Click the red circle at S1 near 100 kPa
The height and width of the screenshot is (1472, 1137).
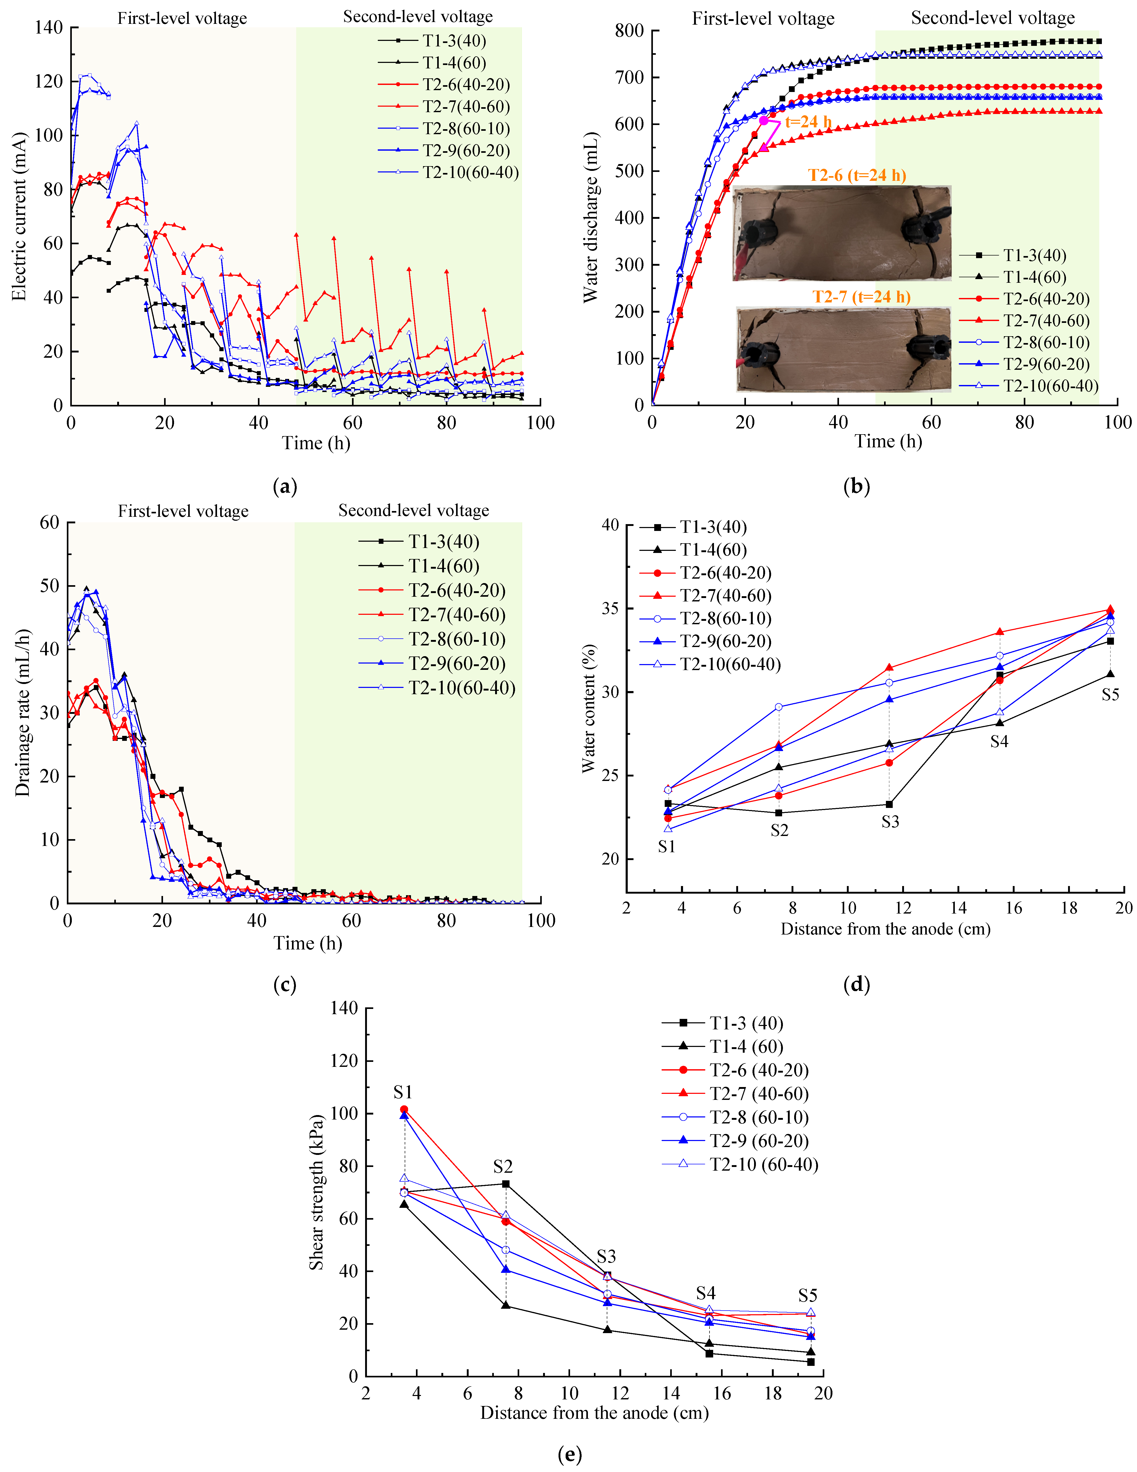404,1109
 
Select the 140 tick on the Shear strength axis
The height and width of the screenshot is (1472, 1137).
344,1008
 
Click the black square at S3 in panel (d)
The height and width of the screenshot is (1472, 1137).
889,804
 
